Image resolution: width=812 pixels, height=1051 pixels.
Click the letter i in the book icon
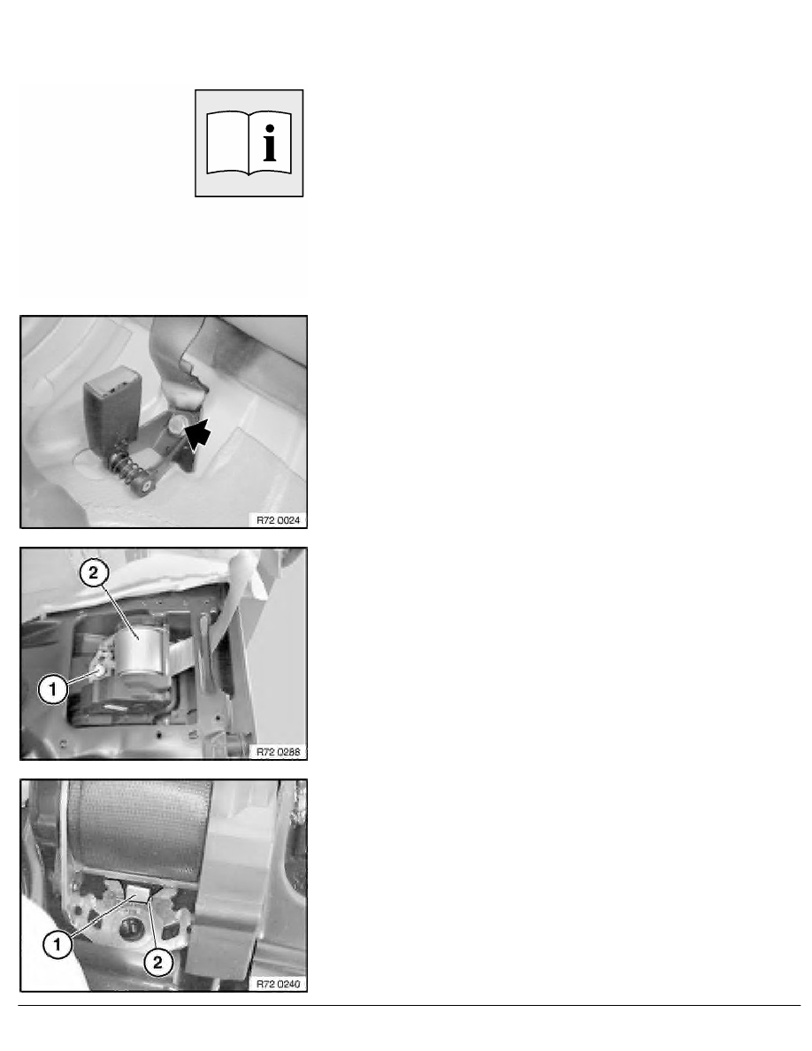coord(270,142)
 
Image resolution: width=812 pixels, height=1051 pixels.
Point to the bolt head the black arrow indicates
coord(177,425)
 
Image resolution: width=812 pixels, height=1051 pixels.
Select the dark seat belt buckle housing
coord(111,405)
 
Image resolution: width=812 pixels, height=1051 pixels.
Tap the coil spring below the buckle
coord(126,464)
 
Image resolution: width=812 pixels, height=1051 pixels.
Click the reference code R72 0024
coord(278,520)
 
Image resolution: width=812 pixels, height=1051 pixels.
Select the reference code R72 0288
coord(278,752)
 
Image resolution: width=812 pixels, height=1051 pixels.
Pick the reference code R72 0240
coord(278,984)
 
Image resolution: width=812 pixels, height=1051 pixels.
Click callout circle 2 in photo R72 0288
coord(93,572)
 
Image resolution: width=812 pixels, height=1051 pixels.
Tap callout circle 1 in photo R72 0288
coord(52,688)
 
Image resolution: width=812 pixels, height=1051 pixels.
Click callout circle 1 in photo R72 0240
coord(57,945)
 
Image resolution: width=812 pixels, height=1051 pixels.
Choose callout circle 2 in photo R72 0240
coord(157,963)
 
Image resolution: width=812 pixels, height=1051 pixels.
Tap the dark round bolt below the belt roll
coord(131,928)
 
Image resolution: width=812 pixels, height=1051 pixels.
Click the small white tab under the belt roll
coord(139,894)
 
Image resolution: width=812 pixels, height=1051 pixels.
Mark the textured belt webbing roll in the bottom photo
coord(140,830)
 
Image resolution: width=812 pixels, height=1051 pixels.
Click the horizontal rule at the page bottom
coord(410,1005)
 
